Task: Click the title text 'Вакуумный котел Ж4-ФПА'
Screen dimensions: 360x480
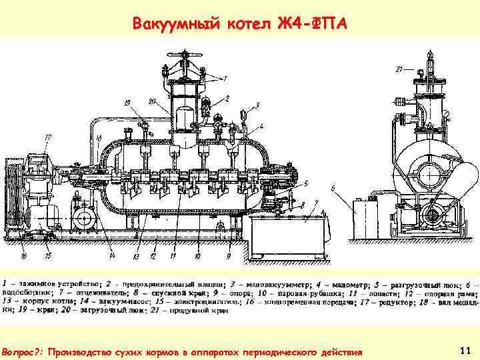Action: click(x=240, y=25)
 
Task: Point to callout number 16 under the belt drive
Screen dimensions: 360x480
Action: click(x=25, y=255)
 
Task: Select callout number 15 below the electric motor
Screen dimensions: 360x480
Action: click(x=47, y=255)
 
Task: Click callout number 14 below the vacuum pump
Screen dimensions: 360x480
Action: click(x=112, y=256)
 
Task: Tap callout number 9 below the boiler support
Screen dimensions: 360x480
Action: click(x=229, y=256)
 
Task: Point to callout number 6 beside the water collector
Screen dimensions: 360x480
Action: click(x=332, y=189)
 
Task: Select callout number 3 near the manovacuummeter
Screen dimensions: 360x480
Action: click(x=257, y=106)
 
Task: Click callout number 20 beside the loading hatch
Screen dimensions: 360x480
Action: click(x=152, y=101)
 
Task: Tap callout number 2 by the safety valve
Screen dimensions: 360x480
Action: click(x=227, y=98)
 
